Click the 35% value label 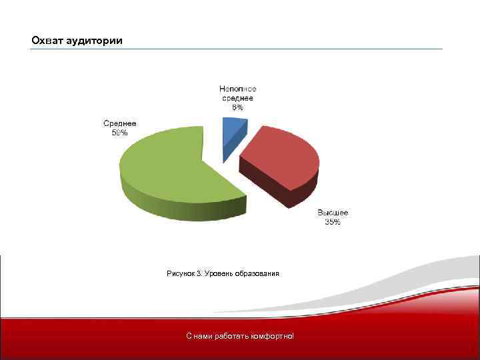(x=332, y=222)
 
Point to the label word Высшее (x=332, y=213)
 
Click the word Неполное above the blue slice (x=238, y=89)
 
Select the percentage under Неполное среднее (x=238, y=107)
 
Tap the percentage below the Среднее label (x=119, y=133)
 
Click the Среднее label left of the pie (x=119, y=123)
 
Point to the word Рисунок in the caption (x=180, y=273)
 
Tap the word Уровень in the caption (x=219, y=273)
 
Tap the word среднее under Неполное (x=238, y=98)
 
